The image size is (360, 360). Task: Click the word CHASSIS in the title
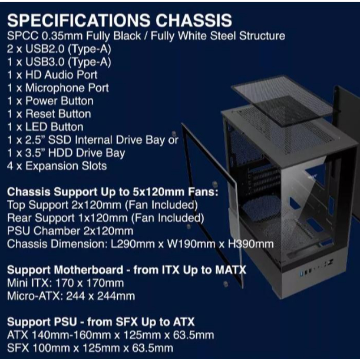(193, 21)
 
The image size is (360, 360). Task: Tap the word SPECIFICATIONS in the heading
(78, 21)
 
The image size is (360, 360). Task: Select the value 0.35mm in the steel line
(62, 36)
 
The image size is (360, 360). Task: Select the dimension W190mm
(191, 244)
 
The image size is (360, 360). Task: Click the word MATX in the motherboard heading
(230, 270)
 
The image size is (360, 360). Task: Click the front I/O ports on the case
(316, 269)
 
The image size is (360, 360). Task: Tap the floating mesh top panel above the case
(282, 101)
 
